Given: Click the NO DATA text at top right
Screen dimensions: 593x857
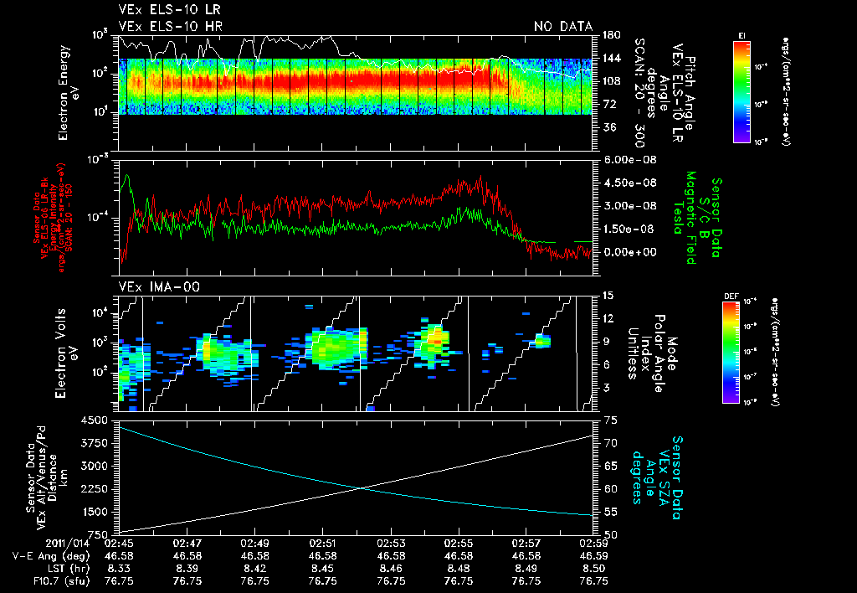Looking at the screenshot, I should [x=562, y=27].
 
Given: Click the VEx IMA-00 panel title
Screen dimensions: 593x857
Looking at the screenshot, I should [x=151, y=286].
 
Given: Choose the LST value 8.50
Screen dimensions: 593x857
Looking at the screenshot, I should [x=593, y=568].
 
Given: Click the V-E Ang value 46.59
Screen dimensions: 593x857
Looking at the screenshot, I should [x=593, y=555].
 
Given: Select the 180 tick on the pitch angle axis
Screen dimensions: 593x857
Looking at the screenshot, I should [x=610, y=35].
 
